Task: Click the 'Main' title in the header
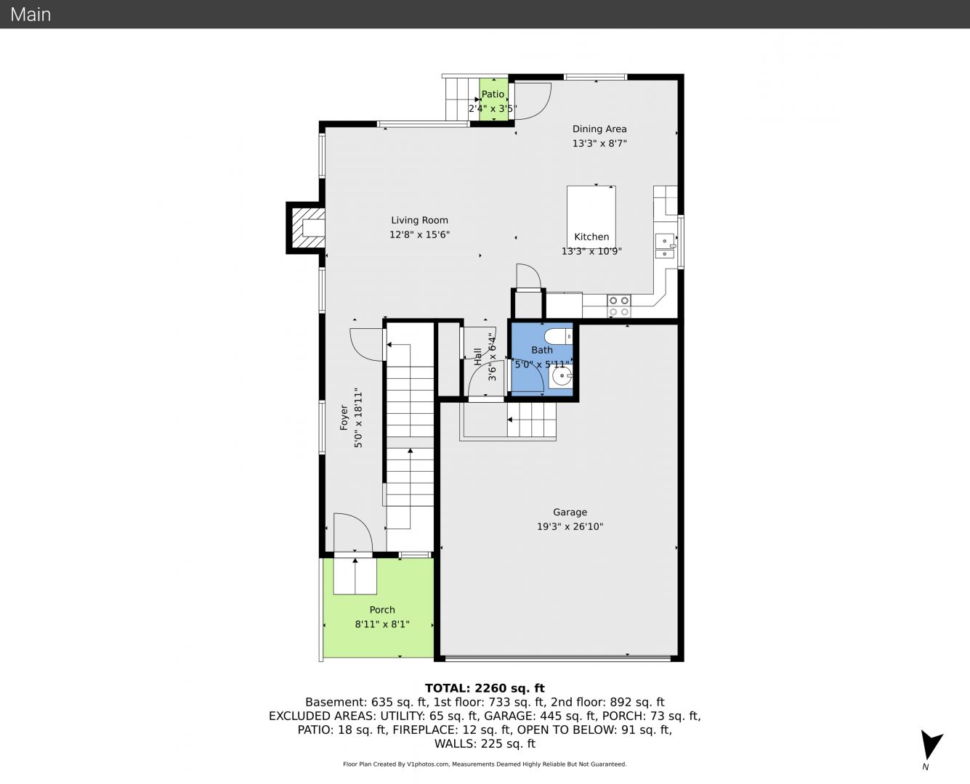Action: point(31,15)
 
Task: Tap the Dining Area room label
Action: point(599,128)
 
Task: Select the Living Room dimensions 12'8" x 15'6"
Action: point(419,234)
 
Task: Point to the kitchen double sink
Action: point(665,245)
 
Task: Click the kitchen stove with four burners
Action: point(619,306)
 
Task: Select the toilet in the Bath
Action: point(558,337)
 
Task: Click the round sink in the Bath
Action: point(561,376)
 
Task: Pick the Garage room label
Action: point(570,512)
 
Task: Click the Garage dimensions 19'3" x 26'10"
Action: point(570,526)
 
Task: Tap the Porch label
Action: point(382,610)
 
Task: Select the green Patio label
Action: point(493,94)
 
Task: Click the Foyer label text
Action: point(344,417)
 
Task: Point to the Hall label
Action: point(477,356)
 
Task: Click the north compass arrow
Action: point(930,745)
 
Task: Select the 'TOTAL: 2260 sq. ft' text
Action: point(485,688)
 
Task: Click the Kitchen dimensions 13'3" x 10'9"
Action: point(591,251)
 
